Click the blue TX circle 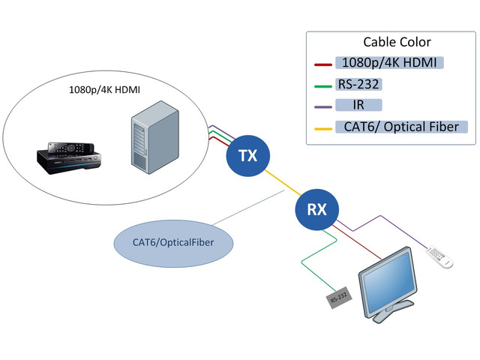click(247, 156)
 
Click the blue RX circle click(316, 209)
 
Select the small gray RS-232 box click(337, 299)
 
